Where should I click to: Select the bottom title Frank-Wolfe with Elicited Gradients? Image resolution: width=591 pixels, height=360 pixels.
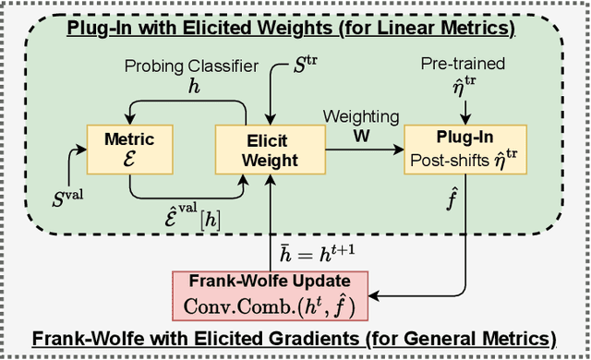point(295,338)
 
